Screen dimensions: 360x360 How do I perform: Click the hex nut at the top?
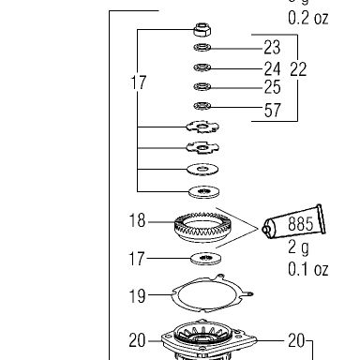coord(202,30)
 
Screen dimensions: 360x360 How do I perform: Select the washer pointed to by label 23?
coord(202,48)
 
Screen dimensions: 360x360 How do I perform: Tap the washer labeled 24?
coord(202,67)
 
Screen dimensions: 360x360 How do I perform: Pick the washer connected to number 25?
coord(202,86)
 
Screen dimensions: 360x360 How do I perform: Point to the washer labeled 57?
coord(202,106)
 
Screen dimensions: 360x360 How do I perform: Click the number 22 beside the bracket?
coord(298,69)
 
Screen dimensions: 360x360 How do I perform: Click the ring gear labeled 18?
coord(202,227)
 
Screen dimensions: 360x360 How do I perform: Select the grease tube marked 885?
coord(293,222)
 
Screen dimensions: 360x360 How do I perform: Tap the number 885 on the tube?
coord(300,224)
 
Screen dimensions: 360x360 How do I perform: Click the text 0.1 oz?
coord(307,269)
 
